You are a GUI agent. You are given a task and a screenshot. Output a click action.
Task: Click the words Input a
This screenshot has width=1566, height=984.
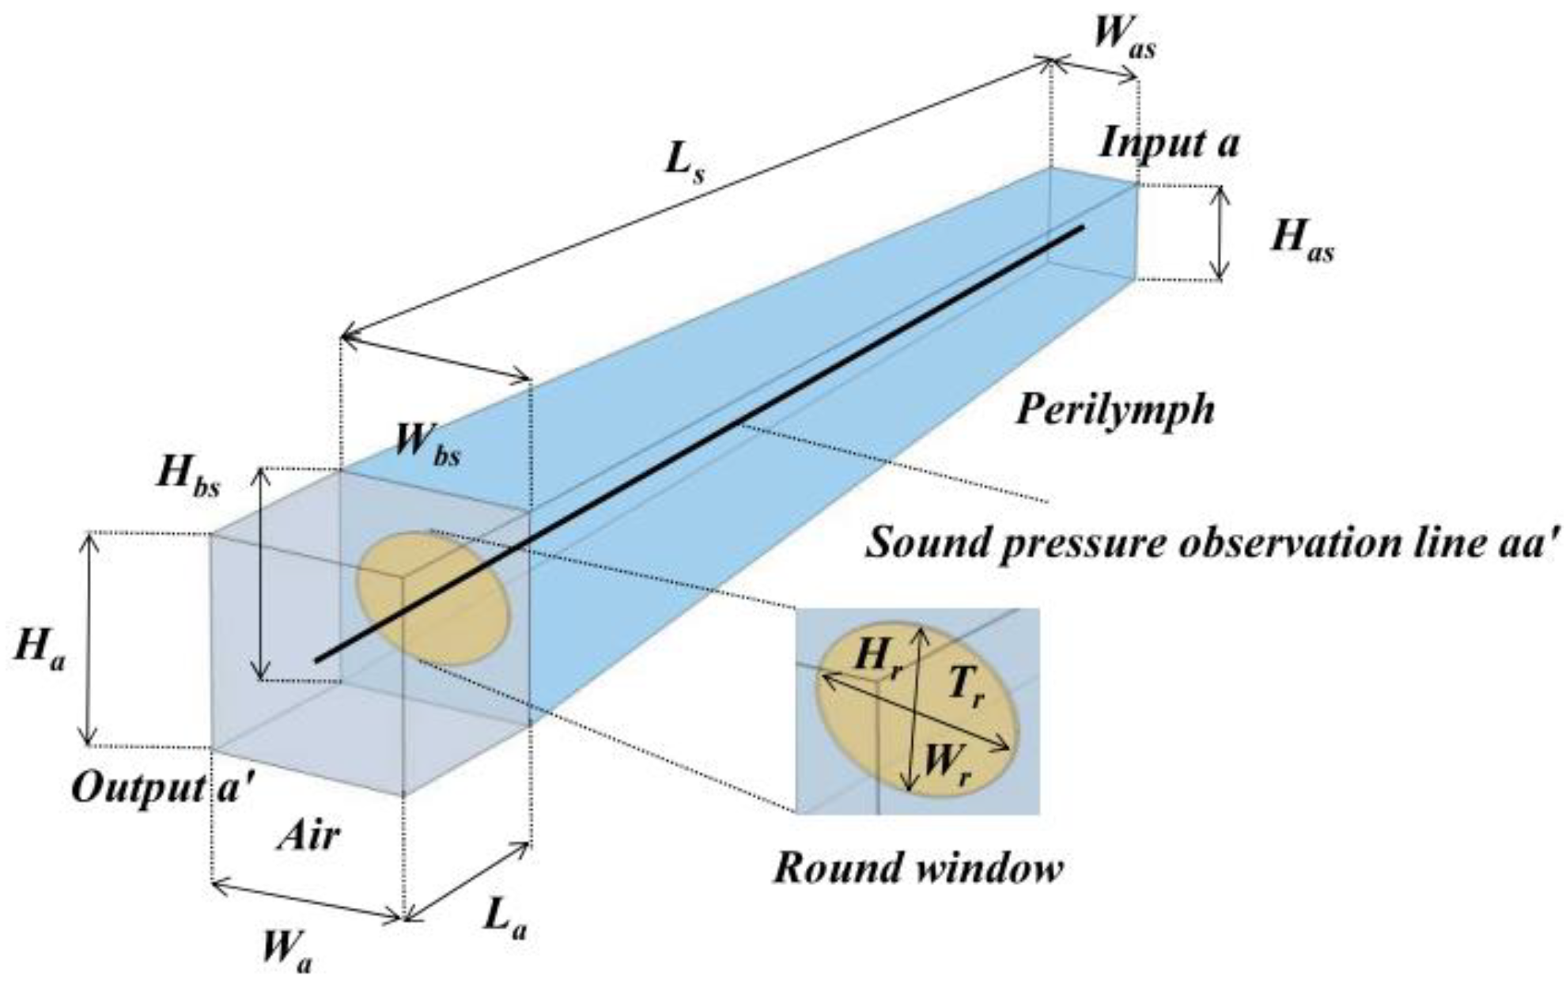tap(1168, 144)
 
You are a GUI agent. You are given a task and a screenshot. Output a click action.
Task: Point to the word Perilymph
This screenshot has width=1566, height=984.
tap(1114, 411)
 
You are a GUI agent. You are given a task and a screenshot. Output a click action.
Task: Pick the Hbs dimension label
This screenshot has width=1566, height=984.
tap(187, 477)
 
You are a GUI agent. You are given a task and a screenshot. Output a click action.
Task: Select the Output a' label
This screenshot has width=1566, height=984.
tap(161, 787)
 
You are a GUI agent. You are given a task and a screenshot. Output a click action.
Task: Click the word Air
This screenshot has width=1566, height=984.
tap(308, 836)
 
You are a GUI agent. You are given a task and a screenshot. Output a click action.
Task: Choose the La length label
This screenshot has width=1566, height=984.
tap(505, 920)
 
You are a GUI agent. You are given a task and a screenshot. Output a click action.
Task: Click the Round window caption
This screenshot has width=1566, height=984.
tap(917, 869)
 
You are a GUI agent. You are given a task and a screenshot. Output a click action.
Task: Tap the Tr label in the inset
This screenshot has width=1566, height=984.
tap(966, 686)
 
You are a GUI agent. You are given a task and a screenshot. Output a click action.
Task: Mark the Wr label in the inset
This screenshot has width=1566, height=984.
tap(946, 765)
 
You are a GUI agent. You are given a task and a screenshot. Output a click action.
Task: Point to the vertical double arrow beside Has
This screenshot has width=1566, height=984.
tap(1221, 233)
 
